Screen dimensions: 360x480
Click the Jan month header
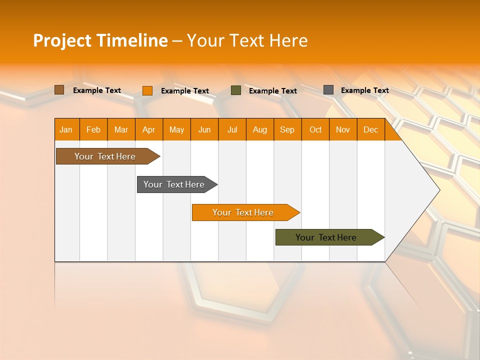point(66,129)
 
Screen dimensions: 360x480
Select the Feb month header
point(93,129)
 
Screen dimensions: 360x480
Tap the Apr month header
point(148,129)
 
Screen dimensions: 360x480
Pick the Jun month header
point(204,129)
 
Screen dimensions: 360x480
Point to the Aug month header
point(259,129)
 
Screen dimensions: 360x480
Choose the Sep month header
point(287,129)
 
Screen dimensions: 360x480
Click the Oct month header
point(315,129)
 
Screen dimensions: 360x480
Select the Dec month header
point(370,129)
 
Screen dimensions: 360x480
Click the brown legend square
point(59,90)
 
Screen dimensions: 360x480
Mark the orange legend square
point(147,90)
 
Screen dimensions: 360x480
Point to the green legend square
point(236,90)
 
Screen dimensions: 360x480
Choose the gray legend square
point(328,90)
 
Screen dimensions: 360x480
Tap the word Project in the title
point(62,40)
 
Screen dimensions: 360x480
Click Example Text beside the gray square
point(364,90)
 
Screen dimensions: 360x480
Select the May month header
point(176,129)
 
